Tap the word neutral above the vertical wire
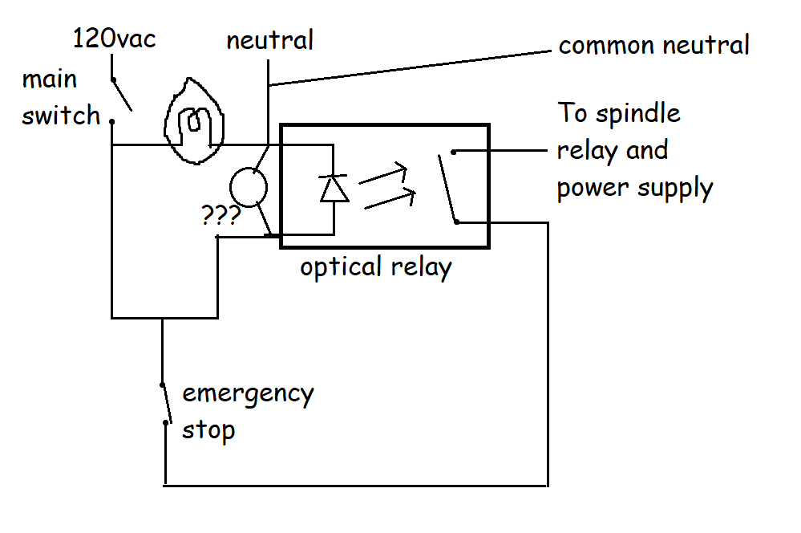(269, 40)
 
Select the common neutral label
(653, 45)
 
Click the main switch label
(60, 98)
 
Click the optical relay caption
(375, 266)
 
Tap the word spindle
(638, 114)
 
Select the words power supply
(634, 188)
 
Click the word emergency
(248, 395)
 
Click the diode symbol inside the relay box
(333, 187)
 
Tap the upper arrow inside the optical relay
(383, 174)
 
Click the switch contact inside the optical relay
(447, 185)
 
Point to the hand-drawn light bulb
(193, 121)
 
